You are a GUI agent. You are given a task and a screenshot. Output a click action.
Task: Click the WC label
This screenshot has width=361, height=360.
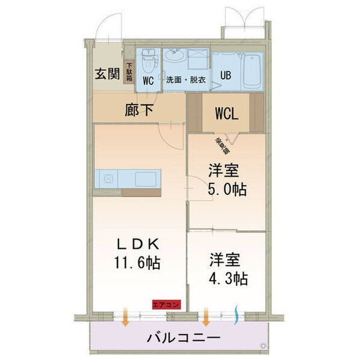[149, 79]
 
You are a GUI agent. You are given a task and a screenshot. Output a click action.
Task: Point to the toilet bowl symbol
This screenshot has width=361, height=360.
[148, 61]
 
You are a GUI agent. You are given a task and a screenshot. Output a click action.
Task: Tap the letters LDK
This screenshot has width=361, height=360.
[138, 244]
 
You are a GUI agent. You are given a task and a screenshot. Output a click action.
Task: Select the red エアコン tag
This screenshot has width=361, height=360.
[165, 304]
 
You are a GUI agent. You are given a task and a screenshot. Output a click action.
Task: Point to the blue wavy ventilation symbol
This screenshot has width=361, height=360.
[236, 314]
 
